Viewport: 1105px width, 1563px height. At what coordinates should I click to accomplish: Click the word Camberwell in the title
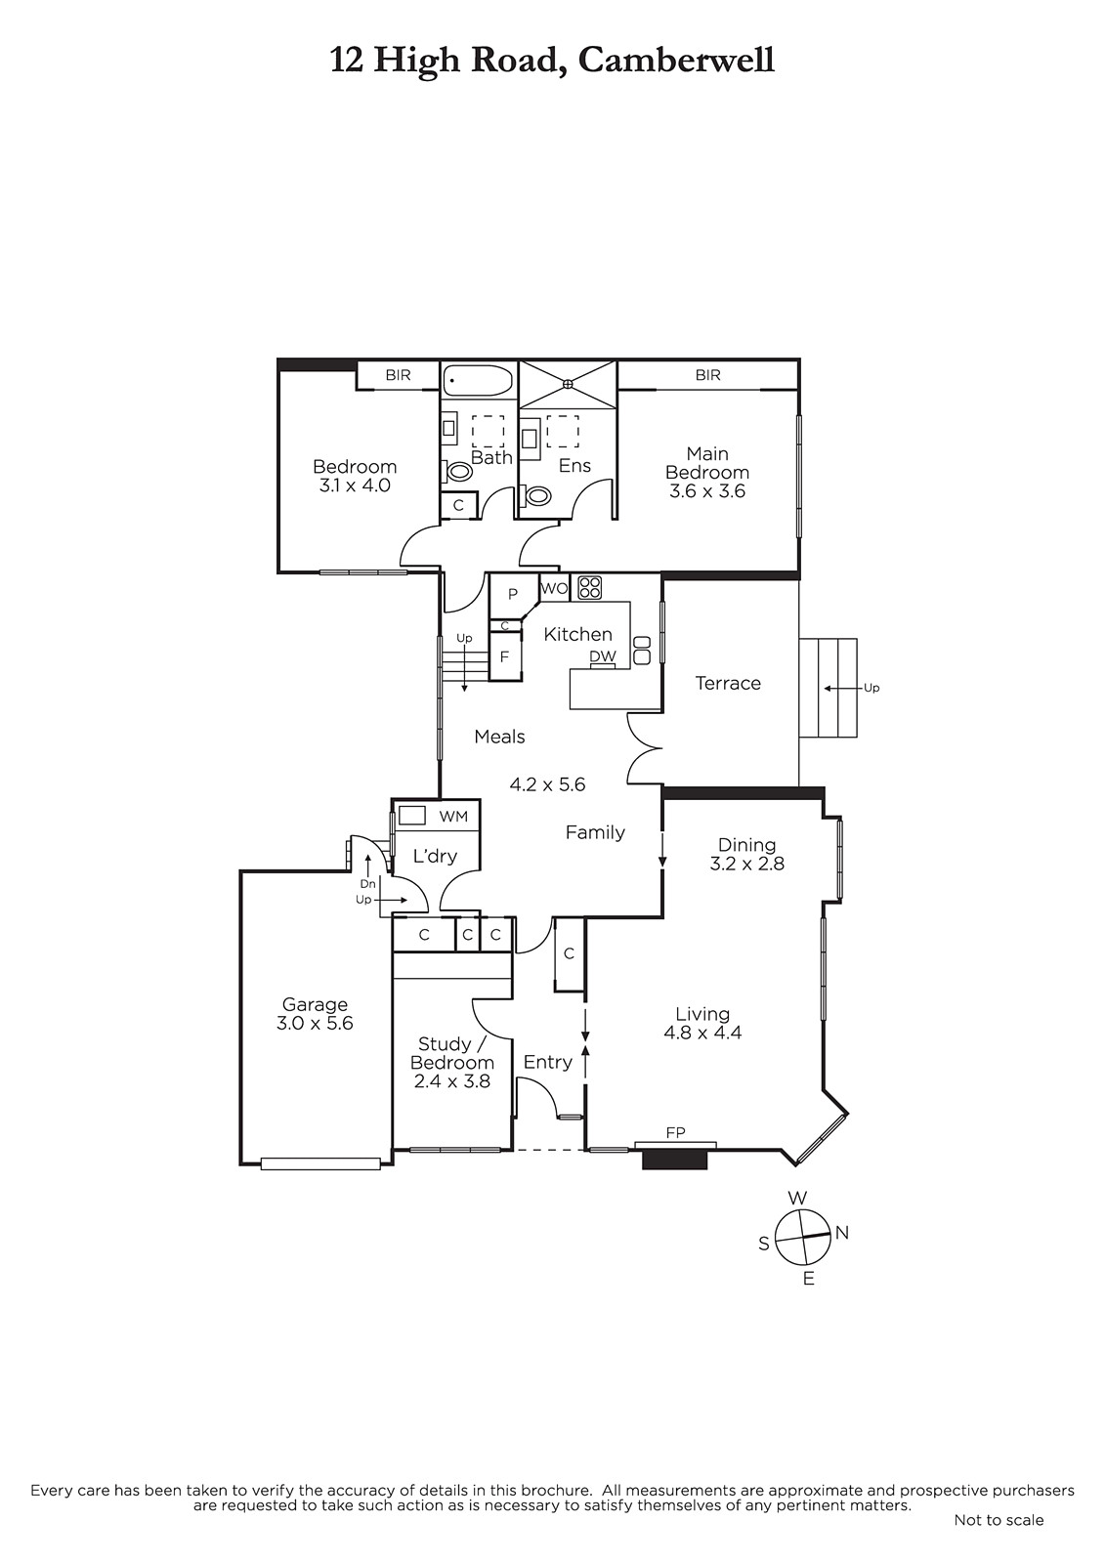pos(676,60)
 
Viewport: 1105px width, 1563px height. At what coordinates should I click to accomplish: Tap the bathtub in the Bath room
pos(478,380)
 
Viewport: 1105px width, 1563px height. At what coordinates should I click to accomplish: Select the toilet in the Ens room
pos(536,496)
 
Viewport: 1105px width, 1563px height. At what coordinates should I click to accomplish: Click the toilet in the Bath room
pos(458,472)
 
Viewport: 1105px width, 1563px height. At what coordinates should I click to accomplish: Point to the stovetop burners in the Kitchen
pos(590,587)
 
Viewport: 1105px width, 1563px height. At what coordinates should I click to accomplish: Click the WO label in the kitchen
pos(554,588)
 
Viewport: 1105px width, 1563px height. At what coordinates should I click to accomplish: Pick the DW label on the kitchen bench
pos(603,655)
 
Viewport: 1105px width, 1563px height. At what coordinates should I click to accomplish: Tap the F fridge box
pos(505,656)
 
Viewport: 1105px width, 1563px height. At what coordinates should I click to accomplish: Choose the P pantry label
pos(512,595)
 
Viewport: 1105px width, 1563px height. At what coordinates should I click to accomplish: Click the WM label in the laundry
pos(453,817)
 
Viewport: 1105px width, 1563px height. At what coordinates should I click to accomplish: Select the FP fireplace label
pos(675,1133)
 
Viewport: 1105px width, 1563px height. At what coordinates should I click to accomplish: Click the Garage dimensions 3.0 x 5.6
pos(315,1023)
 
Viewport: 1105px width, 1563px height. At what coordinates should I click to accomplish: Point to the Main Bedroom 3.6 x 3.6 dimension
pos(707,491)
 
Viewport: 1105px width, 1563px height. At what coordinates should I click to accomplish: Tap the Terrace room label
pos(727,683)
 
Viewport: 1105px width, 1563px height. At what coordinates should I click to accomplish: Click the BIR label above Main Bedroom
pos(707,375)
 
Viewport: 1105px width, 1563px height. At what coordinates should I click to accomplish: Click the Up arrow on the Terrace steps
pos(842,688)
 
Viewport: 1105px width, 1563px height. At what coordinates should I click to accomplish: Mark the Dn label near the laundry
pos(368,884)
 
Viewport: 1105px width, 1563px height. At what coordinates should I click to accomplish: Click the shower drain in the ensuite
pos(568,383)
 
